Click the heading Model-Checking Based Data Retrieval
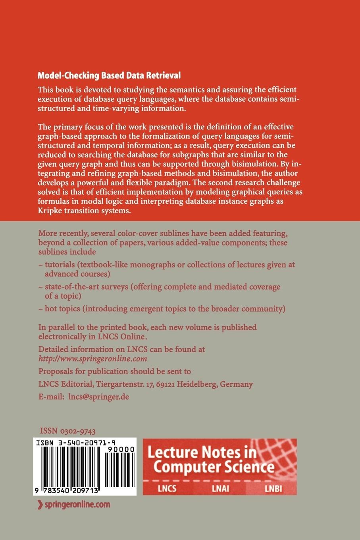tap(109, 75)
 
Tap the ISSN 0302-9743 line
tap(68, 431)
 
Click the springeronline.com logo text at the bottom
tap(74, 505)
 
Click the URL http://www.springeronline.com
tap(93, 359)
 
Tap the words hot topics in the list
tap(63, 309)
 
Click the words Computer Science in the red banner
tap(214, 467)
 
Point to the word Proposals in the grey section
tap(56, 371)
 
